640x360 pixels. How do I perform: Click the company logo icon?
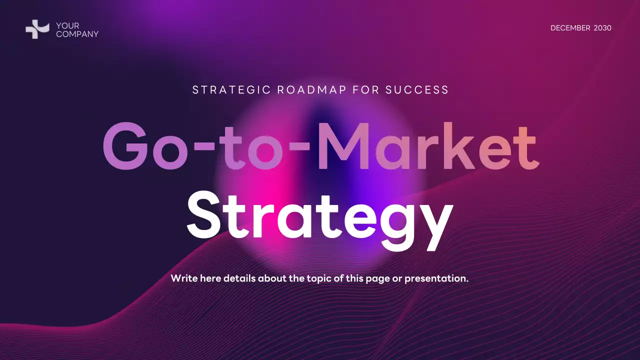[37, 29]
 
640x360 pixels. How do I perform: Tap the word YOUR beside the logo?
[67, 26]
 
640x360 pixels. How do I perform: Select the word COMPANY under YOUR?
[77, 34]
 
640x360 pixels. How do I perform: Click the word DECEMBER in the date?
[570, 28]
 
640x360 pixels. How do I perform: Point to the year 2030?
[602, 28]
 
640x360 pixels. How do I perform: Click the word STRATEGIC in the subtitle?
[231, 90]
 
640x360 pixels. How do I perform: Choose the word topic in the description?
[317, 278]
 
